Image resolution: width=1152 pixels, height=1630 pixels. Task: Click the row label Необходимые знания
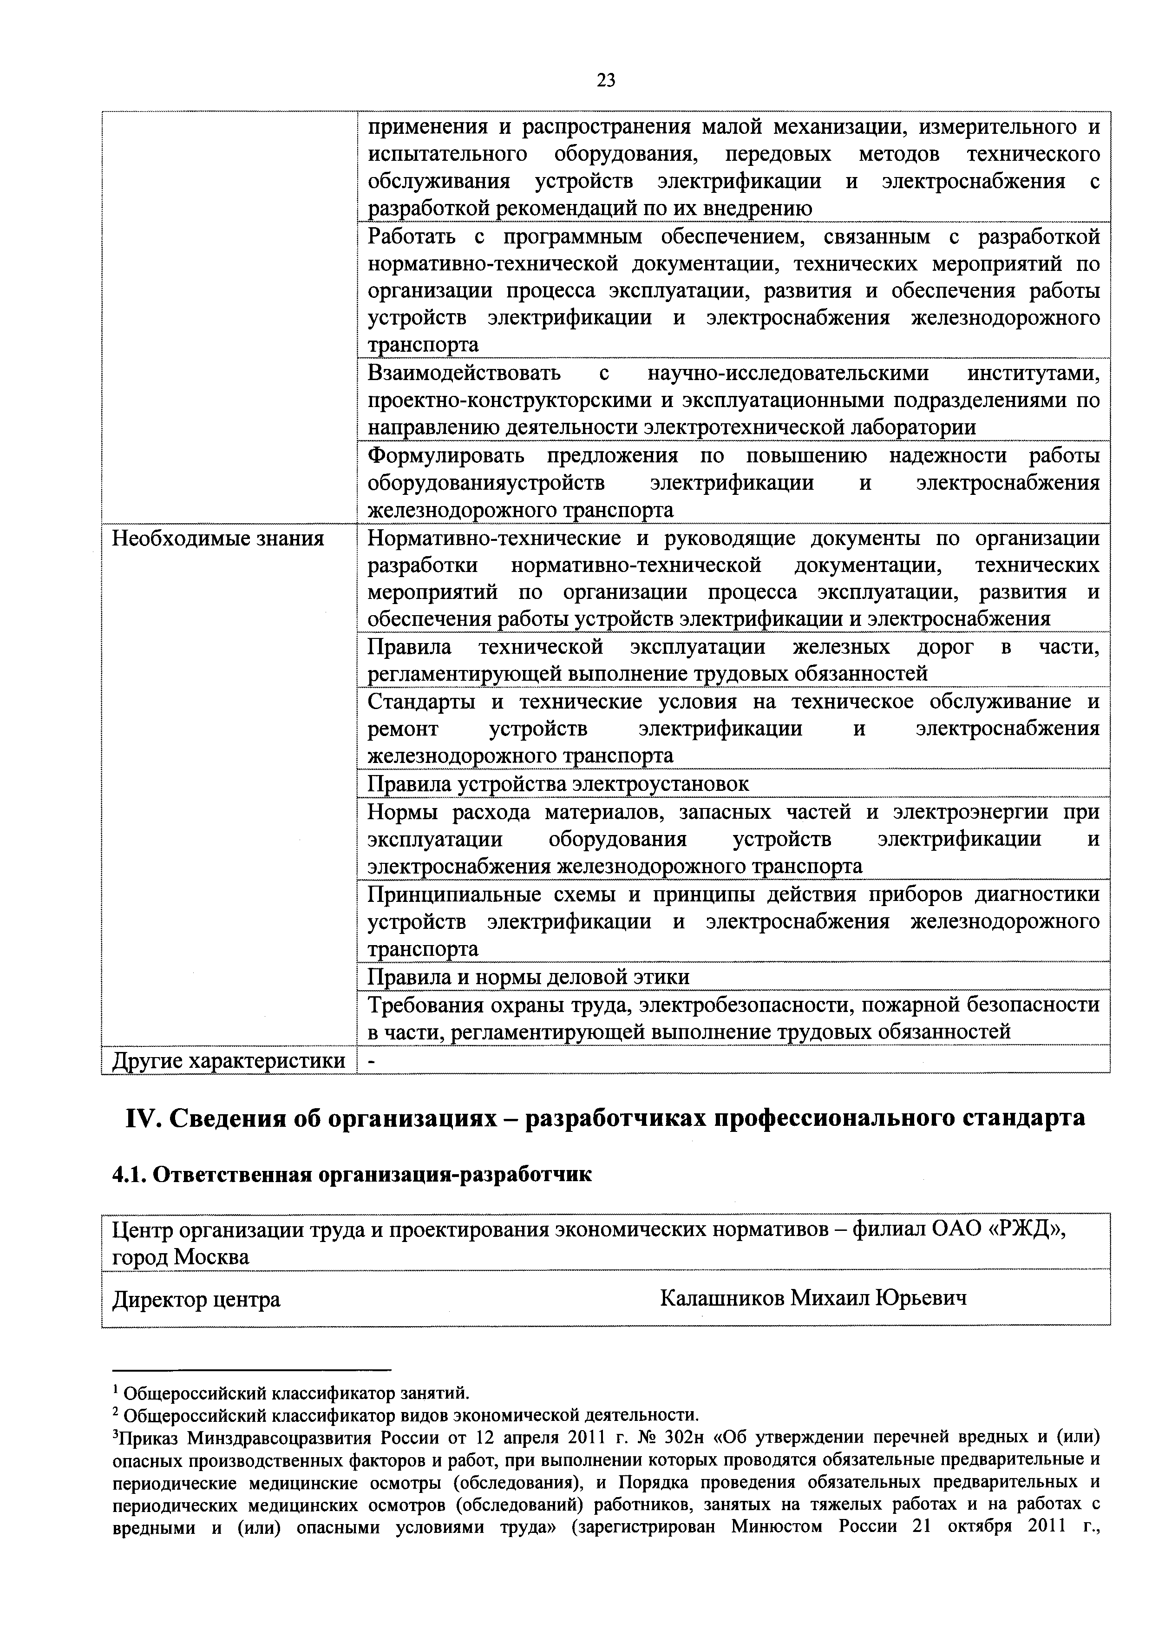[x=218, y=539]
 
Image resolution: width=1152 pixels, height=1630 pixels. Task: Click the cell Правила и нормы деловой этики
[x=528, y=978]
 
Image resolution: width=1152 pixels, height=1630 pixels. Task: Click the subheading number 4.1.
[x=129, y=1175]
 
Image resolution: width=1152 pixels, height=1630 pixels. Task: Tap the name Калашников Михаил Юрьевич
[x=813, y=1298]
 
